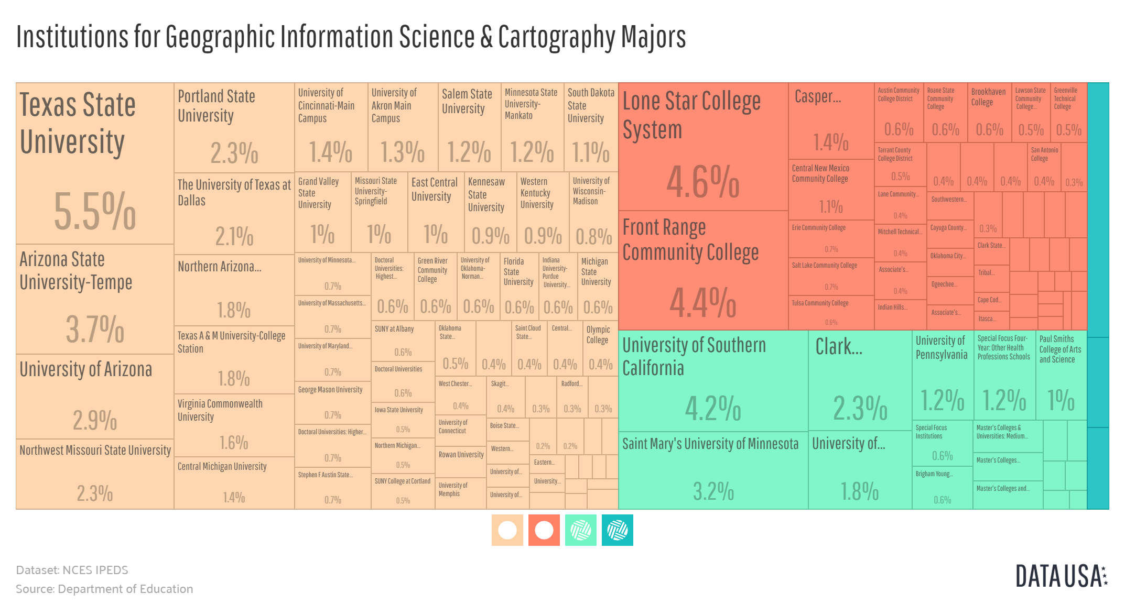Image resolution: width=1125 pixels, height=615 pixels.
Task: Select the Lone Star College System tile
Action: click(703, 147)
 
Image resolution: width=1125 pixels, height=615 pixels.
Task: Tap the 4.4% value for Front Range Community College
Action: click(702, 303)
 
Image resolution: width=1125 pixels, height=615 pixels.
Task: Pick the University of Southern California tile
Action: click(713, 380)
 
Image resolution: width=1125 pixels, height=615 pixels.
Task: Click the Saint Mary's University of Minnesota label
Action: click(710, 444)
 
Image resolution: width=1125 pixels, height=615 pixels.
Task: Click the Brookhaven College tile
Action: click(989, 112)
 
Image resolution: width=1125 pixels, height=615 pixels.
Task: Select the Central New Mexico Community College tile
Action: click(831, 189)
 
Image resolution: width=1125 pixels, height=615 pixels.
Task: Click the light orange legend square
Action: click(507, 530)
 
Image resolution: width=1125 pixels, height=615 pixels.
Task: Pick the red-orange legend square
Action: click(544, 530)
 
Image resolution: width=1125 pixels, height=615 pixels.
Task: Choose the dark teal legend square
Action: click(617, 530)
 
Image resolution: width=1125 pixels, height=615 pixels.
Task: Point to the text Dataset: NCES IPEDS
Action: click(72, 570)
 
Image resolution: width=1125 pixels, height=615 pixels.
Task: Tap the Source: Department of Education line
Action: click(104, 589)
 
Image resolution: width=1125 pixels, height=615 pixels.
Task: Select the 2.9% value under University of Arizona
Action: click(95, 420)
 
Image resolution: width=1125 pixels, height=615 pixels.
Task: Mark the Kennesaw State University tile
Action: click(490, 212)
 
